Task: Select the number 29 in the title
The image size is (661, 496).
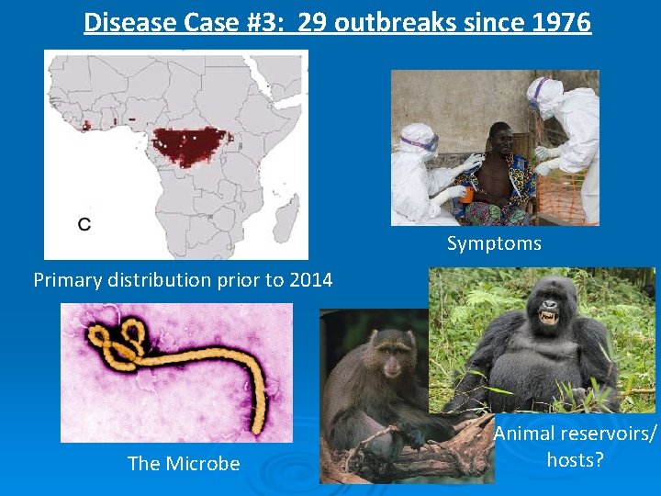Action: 313,21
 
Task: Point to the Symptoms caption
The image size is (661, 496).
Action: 494,243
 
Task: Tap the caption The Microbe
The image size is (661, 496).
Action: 184,464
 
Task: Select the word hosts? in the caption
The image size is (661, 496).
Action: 575,459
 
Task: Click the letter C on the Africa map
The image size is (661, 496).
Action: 84,223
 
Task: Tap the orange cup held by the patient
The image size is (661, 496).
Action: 467,194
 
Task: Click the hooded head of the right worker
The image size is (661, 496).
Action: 546,96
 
